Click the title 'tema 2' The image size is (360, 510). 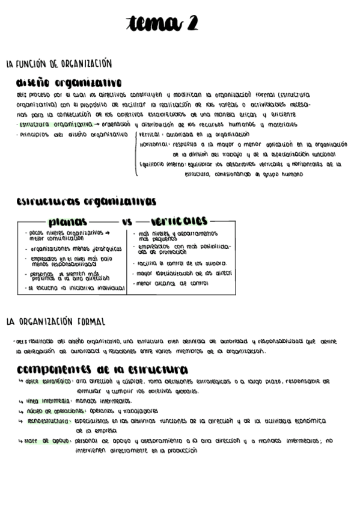[162, 23]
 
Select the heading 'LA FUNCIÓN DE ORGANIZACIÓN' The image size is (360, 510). [59, 64]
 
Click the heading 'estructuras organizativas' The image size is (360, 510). [86, 201]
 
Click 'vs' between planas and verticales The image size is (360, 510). [126, 222]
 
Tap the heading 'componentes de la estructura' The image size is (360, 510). [102, 369]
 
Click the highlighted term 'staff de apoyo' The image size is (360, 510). [47, 441]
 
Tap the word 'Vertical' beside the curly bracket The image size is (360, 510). [149, 135]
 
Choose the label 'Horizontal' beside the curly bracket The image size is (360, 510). [154, 144]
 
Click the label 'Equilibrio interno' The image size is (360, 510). [162, 164]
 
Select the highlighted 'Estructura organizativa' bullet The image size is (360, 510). [55, 124]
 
